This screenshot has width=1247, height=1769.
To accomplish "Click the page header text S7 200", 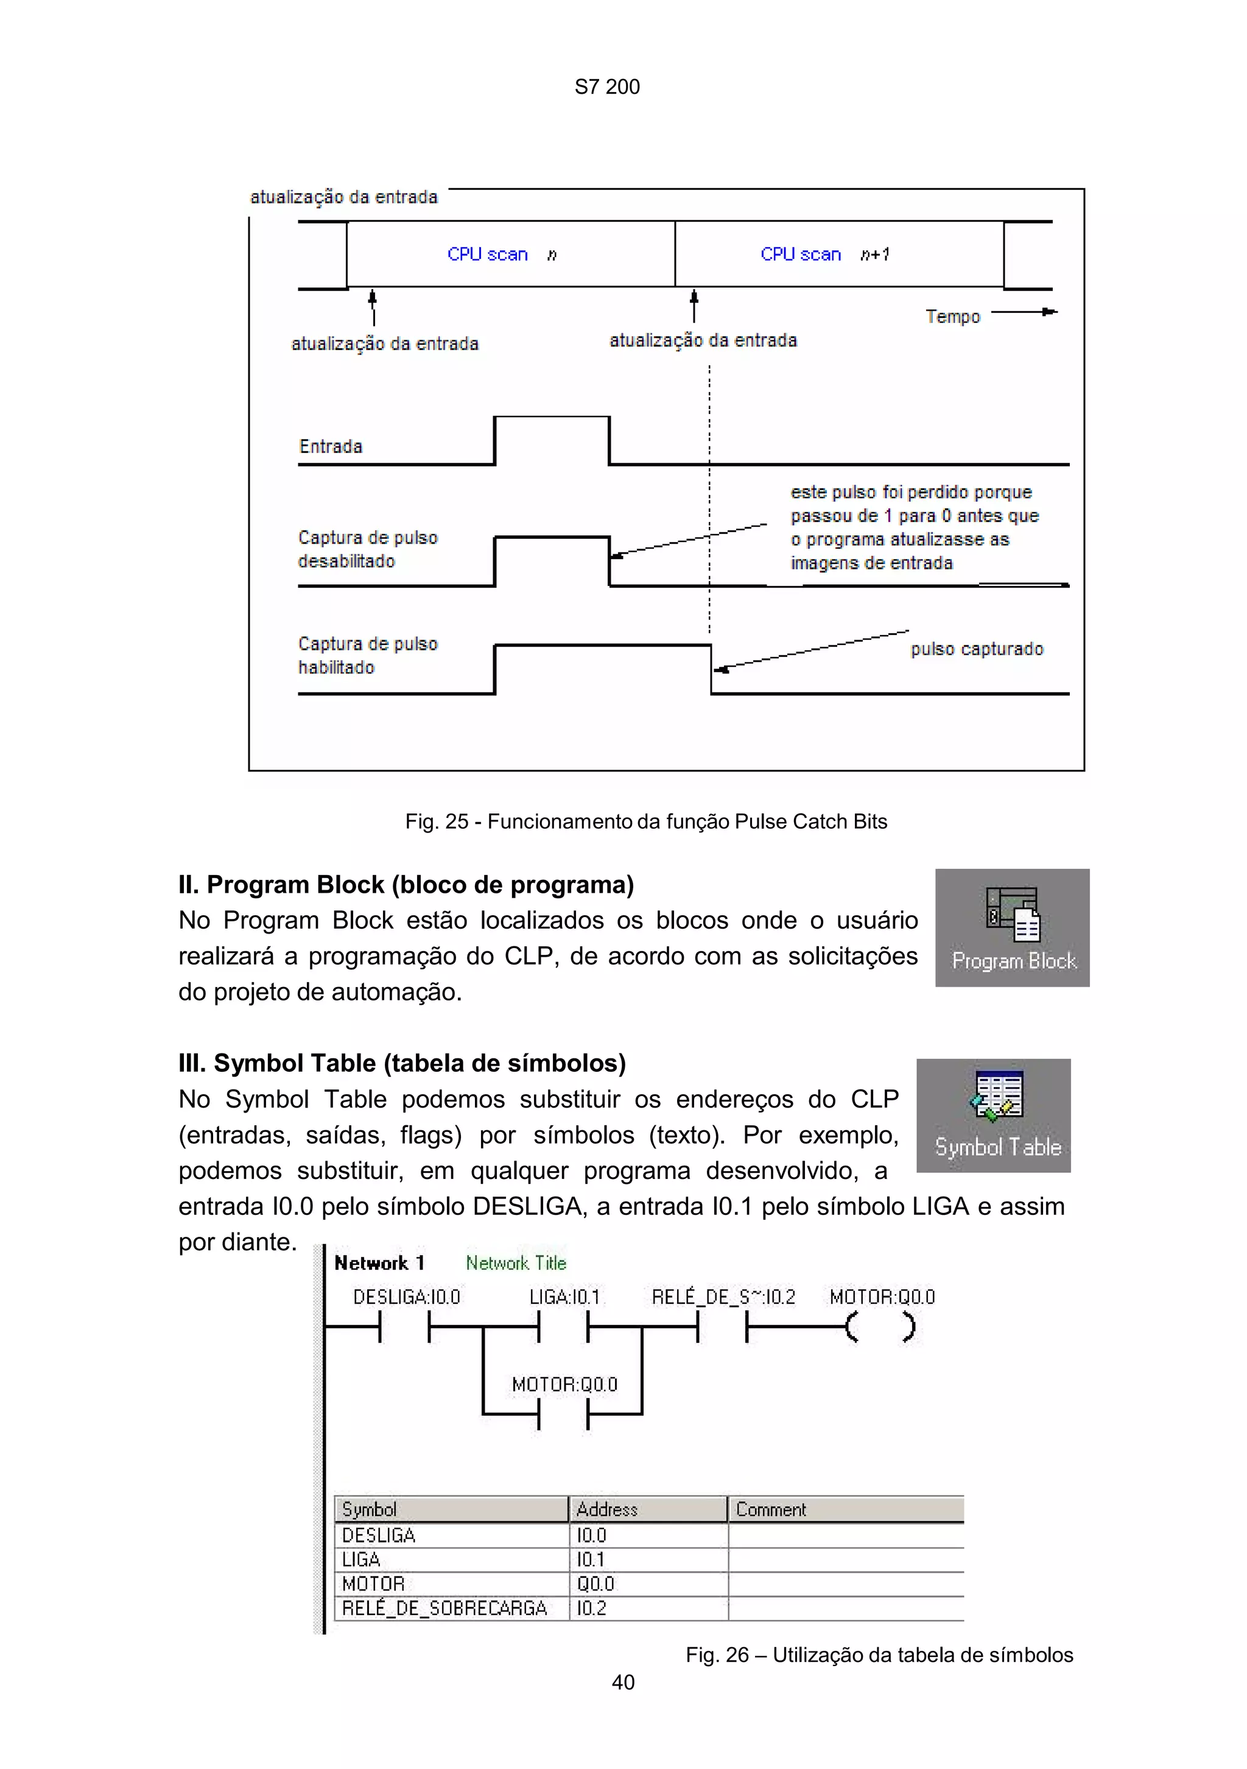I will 607,87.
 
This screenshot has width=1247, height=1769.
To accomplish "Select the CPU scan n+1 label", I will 824,255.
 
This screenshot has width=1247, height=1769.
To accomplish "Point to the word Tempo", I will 953,317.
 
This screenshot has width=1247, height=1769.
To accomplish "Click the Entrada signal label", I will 331,446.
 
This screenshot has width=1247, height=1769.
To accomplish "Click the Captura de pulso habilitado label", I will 367,656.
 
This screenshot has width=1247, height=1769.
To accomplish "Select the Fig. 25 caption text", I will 645,821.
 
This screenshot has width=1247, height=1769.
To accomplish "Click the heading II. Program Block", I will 406,884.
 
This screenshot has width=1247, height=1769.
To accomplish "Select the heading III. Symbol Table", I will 401,1063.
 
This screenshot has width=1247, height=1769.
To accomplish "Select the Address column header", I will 607,1510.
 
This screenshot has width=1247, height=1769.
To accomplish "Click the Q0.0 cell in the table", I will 595,1584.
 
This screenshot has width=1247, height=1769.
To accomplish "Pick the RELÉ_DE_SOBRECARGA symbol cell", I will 444,1608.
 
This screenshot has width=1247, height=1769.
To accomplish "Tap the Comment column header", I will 770,1510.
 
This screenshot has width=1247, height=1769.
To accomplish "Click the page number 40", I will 622,1682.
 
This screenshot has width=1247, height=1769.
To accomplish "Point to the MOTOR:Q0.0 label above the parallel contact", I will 564,1385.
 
